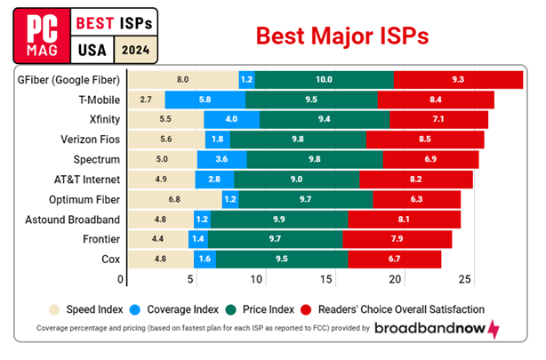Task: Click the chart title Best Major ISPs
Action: [x=342, y=35]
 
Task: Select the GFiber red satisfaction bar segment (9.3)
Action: [x=458, y=80]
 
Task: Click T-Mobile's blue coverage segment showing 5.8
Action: [x=205, y=100]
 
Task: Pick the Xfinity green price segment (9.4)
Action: [x=325, y=119]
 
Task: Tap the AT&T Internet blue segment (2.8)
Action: [x=215, y=178]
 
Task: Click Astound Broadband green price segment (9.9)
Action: [x=278, y=218]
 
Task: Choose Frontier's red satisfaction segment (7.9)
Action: [x=397, y=237]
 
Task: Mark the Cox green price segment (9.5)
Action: [x=281, y=258]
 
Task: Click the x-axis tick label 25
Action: [x=462, y=279]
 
